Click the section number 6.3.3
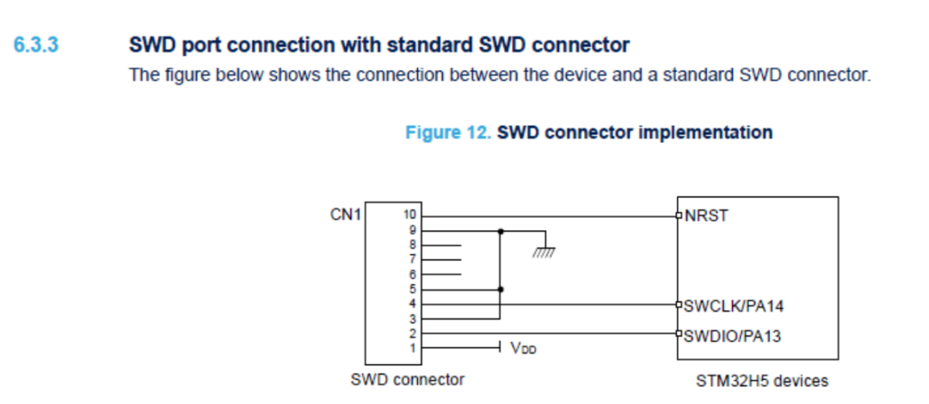(36, 45)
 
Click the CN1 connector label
(346, 214)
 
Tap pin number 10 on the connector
(410, 215)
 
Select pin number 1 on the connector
(413, 348)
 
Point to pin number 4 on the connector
(413, 304)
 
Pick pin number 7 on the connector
(413, 259)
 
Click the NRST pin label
(706, 215)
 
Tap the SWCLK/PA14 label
(734, 306)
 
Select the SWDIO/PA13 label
(732, 336)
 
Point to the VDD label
(523, 348)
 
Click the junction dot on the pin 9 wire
(501, 231)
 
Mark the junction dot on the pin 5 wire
(501, 289)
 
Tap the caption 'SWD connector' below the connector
(408, 380)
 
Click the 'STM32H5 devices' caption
(762, 380)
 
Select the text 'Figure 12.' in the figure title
(448, 133)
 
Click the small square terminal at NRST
(679, 215)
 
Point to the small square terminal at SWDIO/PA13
(679, 333)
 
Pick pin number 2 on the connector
(413, 333)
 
